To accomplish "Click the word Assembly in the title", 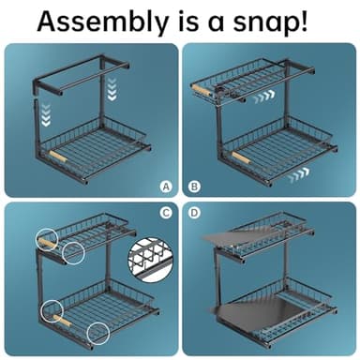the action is point(102,22).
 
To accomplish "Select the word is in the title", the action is point(187,22).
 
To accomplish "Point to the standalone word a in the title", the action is point(216,24).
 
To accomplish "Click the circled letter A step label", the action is point(166,187).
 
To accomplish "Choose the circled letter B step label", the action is point(194,187).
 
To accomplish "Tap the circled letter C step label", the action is point(166,213).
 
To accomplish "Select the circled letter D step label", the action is point(194,213).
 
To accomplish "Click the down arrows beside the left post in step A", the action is point(46,115).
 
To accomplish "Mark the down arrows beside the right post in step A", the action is point(112,89).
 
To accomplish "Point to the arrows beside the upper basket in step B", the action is point(264,97).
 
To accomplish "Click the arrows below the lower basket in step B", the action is point(299,175).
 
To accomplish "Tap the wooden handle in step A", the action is point(58,157).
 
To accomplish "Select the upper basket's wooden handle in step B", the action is point(201,89).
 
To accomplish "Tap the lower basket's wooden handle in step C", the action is point(62,321).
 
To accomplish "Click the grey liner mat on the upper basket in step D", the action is point(237,236).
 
